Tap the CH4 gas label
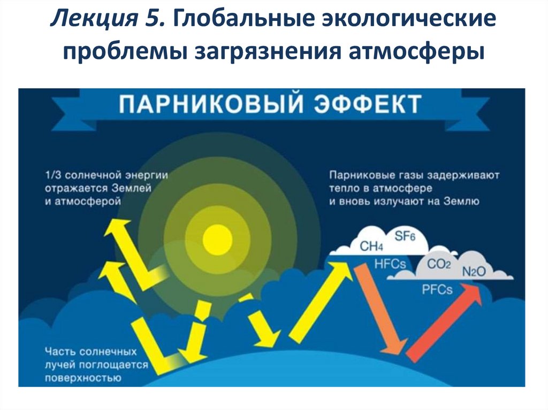[x=371, y=246]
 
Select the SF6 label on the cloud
[x=405, y=236]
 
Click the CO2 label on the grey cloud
[x=439, y=264]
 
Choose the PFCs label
[x=437, y=290]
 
